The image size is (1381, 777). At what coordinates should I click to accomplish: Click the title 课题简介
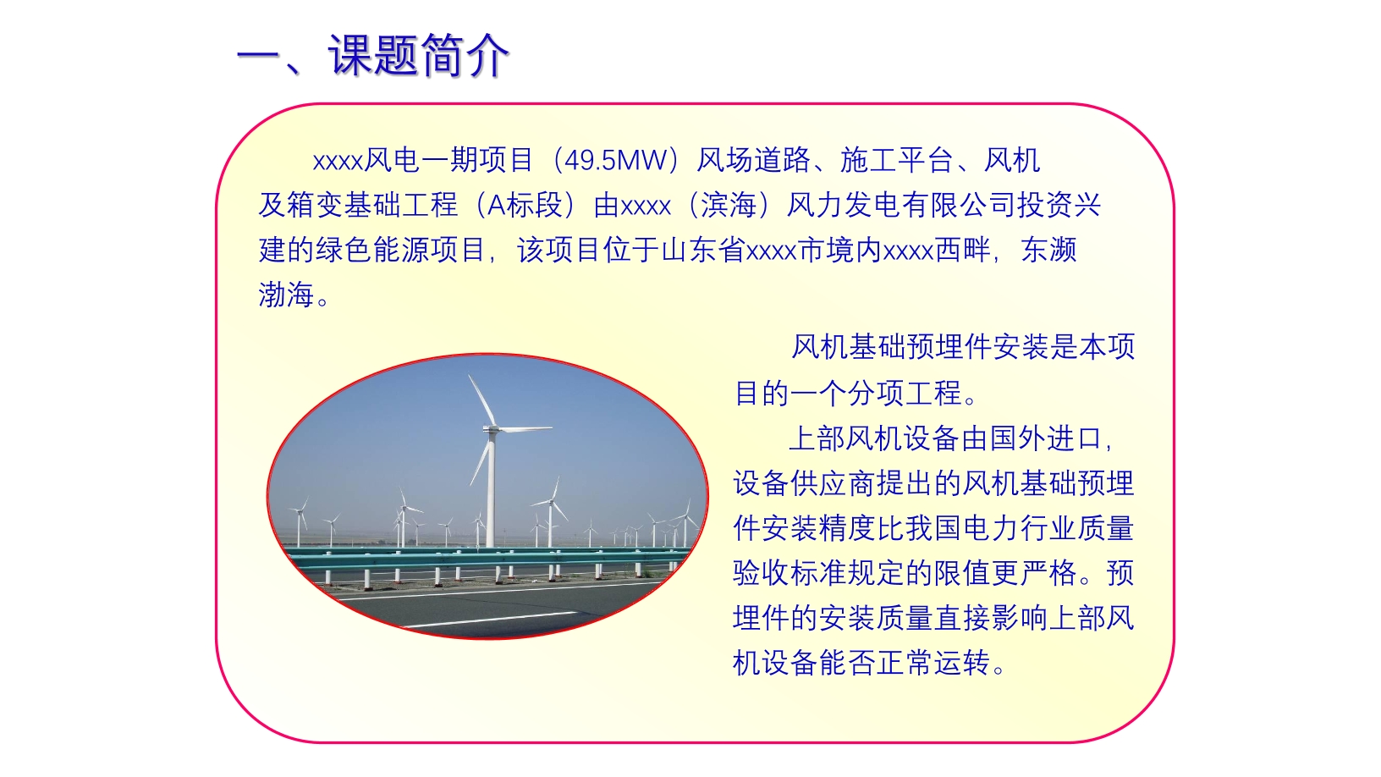(418, 56)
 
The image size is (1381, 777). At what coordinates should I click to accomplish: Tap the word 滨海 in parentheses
(729, 206)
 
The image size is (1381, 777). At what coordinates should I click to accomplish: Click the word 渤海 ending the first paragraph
(286, 295)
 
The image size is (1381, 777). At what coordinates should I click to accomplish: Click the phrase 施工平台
(896, 160)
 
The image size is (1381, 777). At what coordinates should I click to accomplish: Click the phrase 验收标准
(790, 573)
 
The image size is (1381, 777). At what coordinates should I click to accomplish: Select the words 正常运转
(933, 663)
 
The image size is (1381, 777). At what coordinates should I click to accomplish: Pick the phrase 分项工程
(905, 394)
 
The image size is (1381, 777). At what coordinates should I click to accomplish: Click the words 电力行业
(1019, 528)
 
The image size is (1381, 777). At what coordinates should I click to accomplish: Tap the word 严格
(1048, 573)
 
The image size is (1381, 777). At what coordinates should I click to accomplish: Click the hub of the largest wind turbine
(492, 428)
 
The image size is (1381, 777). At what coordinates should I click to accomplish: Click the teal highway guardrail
(487, 558)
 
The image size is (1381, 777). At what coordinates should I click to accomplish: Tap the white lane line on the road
(493, 620)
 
